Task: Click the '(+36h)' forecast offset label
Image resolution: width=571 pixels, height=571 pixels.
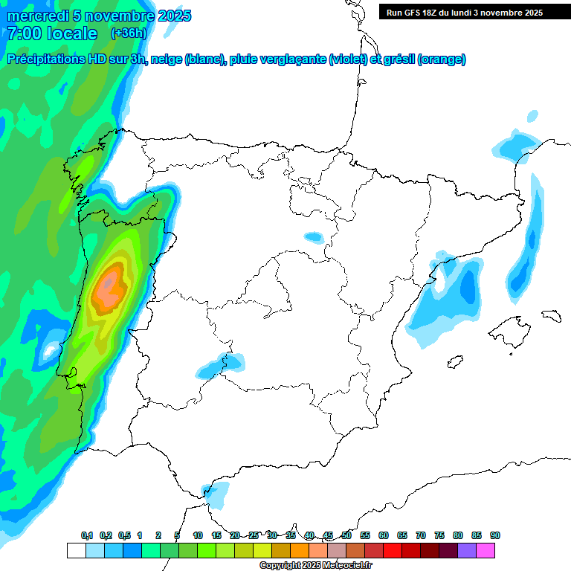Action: click(129, 33)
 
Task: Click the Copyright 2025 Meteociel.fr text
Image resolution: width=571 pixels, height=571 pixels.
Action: click(314, 566)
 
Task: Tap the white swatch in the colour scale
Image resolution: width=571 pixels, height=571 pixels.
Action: click(76, 550)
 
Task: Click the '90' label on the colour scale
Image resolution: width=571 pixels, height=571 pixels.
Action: click(495, 535)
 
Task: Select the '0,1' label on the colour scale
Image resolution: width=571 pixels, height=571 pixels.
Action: click(87, 535)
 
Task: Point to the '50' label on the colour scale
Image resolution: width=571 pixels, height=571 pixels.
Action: click(346, 535)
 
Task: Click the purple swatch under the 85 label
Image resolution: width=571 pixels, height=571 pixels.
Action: click(468, 550)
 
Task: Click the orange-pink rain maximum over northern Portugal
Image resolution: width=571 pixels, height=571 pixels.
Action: click(110, 286)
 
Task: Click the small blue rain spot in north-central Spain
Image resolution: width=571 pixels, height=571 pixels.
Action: click(314, 238)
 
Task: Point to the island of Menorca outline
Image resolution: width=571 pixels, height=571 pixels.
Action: click(551, 315)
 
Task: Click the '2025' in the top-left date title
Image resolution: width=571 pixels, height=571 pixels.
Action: click(174, 16)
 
